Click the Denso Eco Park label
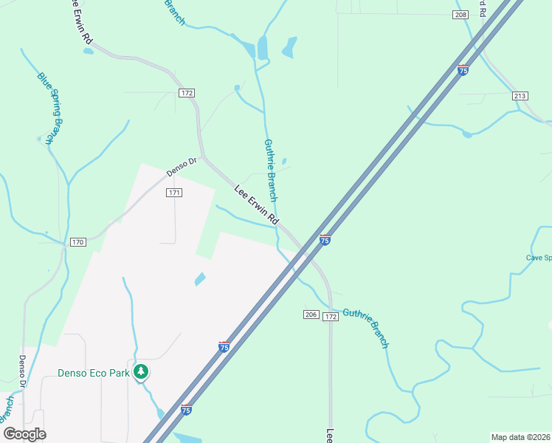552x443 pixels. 93,373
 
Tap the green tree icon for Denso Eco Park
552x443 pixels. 140,371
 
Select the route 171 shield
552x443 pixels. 173,193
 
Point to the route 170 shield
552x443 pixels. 78,241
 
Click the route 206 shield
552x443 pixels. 311,315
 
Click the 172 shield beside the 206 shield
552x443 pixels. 330,316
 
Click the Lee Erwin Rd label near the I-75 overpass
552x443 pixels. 257,205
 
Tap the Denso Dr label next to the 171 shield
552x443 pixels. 182,166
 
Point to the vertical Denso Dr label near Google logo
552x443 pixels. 22,372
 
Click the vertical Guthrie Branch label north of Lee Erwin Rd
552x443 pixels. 270,170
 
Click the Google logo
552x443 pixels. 25,433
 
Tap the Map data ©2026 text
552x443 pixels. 520,436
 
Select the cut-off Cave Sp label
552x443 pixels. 538,258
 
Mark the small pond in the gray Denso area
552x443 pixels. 199,279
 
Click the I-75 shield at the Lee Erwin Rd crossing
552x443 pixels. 325,239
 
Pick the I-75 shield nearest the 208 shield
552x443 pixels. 463,70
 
